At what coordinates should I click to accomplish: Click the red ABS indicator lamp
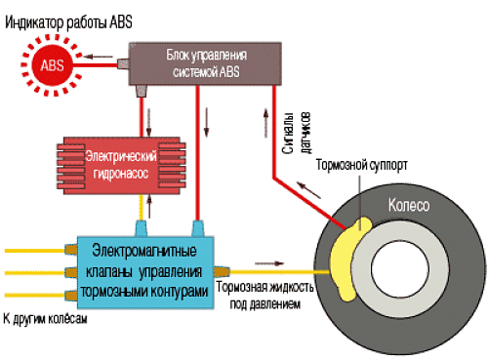tap(52, 65)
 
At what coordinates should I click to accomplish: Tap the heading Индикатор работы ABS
tap(68, 22)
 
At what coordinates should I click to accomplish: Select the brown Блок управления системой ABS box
tap(205, 63)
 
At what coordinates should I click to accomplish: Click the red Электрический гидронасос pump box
tap(121, 166)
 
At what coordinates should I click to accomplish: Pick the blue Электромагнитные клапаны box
tap(145, 272)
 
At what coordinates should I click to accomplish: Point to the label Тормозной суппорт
tap(361, 165)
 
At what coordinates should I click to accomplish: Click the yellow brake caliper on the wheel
tap(348, 259)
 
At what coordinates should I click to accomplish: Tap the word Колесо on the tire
tap(409, 206)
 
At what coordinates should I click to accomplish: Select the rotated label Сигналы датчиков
tap(297, 133)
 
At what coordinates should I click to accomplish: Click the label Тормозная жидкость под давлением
tap(264, 296)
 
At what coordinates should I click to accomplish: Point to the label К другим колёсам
tap(45, 319)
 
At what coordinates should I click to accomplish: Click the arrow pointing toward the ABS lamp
tap(99, 57)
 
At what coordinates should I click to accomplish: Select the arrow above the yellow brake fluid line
tap(269, 263)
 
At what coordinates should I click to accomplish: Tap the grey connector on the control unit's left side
tap(123, 63)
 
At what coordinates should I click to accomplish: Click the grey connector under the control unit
tap(142, 91)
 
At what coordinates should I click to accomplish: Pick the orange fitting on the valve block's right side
tap(222, 272)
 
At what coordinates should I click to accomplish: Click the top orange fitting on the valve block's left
tap(71, 250)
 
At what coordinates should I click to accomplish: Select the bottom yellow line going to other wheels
tap(34, 296)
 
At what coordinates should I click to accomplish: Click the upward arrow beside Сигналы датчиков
tap(266, 123)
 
